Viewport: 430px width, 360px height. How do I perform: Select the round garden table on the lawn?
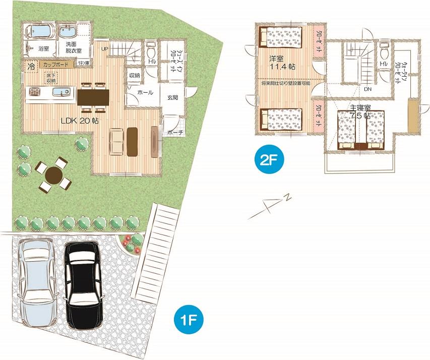pos(53,175)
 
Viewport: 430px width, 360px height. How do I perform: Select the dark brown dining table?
pos(92,96)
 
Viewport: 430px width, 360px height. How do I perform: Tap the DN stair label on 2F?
pos(368,89)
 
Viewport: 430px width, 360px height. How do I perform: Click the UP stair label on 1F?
pos(105,49)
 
